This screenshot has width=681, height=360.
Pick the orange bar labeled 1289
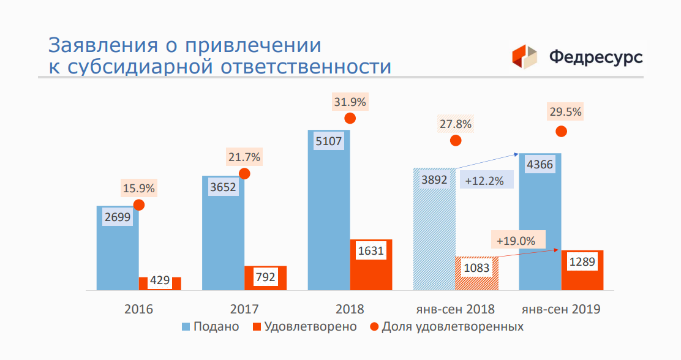click(582, 270)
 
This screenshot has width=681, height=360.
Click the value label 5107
click(328, 141)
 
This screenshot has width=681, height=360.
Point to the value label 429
click(159, 280)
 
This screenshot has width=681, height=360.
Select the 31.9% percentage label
click(350, 102)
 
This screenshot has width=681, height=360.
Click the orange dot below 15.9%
click(139, 204)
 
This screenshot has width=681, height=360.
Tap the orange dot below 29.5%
click(561, 131)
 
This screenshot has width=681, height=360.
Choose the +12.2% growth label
click(484, 181)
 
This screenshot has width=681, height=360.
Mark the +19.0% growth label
click(516, 241)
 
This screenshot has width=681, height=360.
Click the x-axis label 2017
click(244, 309)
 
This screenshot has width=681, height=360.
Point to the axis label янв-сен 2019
click(561, 309)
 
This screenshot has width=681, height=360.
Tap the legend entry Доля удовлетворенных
click(446, 326)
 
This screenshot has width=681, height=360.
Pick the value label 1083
click(476, 268)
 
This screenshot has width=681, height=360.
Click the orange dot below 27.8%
click(455, 140)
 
